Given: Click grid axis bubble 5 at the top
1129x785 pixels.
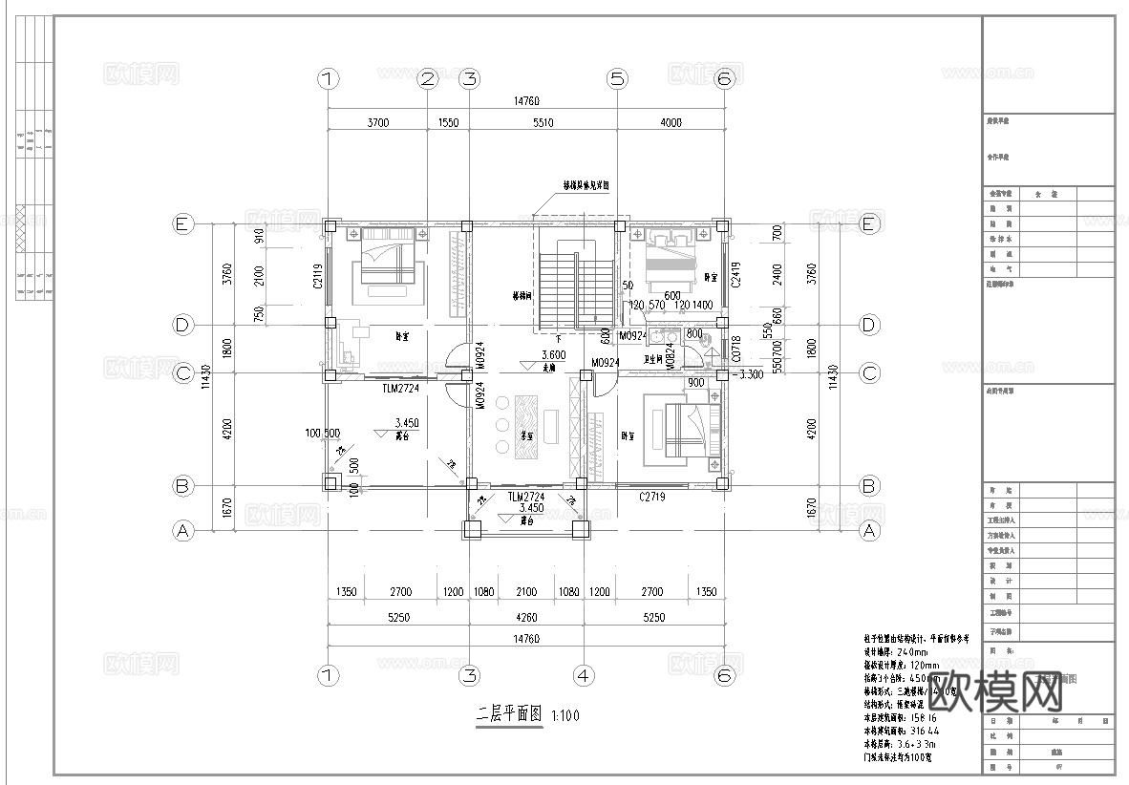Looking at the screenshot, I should (x=617, y=79).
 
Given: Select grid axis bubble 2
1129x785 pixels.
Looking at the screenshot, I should (x=427, y=79).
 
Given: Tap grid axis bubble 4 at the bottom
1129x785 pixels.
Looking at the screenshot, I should (x=584, y=675).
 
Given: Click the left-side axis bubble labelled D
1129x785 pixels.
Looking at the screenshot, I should (x=182, y=325).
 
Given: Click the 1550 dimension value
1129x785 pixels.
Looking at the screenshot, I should (x=448, y=122).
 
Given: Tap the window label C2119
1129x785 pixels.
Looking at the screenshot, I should (x=319, y=277).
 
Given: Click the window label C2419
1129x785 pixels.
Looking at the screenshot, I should (x=736, y=275).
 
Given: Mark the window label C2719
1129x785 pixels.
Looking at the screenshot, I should (x=652, y=498).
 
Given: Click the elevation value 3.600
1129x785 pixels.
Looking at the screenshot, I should (x=554, y=354).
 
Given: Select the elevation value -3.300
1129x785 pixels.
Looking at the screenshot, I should (x=747, y=374).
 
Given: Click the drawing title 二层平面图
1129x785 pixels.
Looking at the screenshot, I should (x=509, y=713).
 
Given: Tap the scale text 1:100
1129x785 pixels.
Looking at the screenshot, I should (x=565, y=715).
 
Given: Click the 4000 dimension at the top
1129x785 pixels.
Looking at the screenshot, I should (x=671, y=122).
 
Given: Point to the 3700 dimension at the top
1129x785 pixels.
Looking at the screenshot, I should (x=377, y=122).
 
